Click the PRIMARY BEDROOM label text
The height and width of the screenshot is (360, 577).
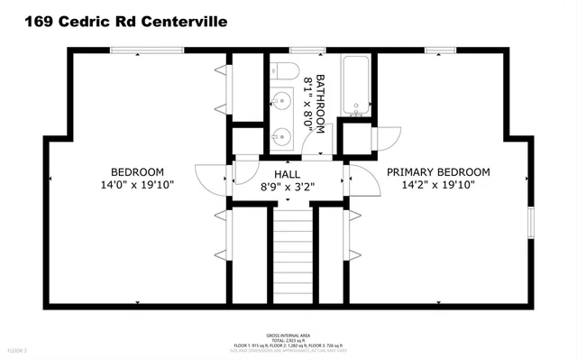click(438, 172)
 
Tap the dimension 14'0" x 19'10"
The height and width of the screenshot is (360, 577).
click(137, 184)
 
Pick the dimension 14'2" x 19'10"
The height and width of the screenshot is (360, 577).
click(438, 184)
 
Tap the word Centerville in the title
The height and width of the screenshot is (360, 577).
click(188, 20)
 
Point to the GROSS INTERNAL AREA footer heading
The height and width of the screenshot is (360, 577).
click(288, 334)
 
